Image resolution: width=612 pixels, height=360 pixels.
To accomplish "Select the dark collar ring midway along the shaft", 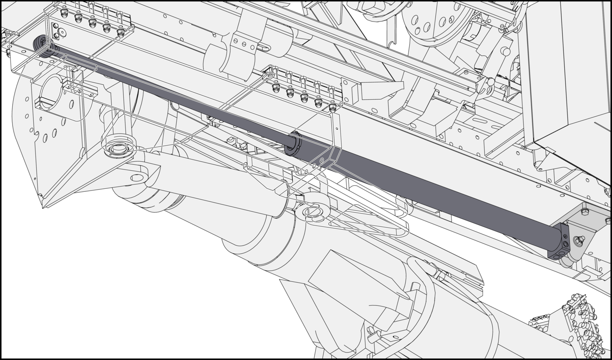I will [292, 142].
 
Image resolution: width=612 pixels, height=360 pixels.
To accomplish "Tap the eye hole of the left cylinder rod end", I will [137, 178].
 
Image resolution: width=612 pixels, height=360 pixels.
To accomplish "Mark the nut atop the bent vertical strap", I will [332, 107].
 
